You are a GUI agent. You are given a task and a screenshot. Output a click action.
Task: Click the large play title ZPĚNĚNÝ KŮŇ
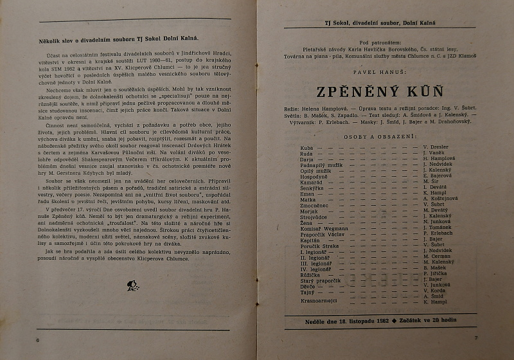pos(377,90)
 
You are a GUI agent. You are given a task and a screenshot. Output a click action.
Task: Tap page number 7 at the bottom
pos(475,337)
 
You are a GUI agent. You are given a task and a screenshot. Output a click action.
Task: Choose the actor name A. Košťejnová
pos(440,199)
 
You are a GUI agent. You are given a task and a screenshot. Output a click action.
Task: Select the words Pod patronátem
pos(377,40)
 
